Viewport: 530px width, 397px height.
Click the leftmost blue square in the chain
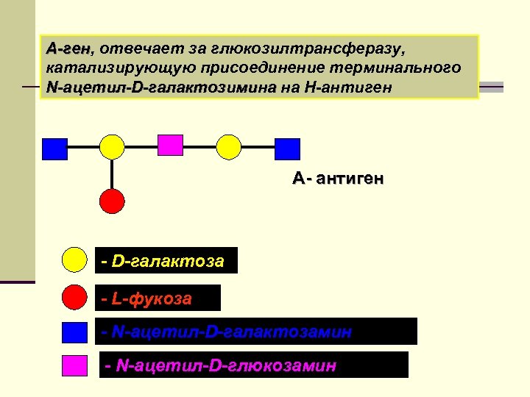point(54,149)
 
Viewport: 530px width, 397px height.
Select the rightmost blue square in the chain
point(287,149)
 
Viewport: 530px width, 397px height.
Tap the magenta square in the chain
point(171,144)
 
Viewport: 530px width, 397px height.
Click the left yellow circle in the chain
point(112,147)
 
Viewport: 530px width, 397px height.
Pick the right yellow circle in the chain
point(229,147)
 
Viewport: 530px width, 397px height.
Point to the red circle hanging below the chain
point(112,200)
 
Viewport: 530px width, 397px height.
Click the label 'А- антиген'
point(337,179)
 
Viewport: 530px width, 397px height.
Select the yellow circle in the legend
point(74,260)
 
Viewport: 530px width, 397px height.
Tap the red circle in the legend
point(74,297)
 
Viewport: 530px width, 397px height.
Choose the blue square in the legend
point(74,332)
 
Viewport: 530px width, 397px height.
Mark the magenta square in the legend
point(74,365)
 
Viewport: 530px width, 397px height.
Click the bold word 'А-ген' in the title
point(67,49)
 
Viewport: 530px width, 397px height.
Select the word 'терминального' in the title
point(404,68)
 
